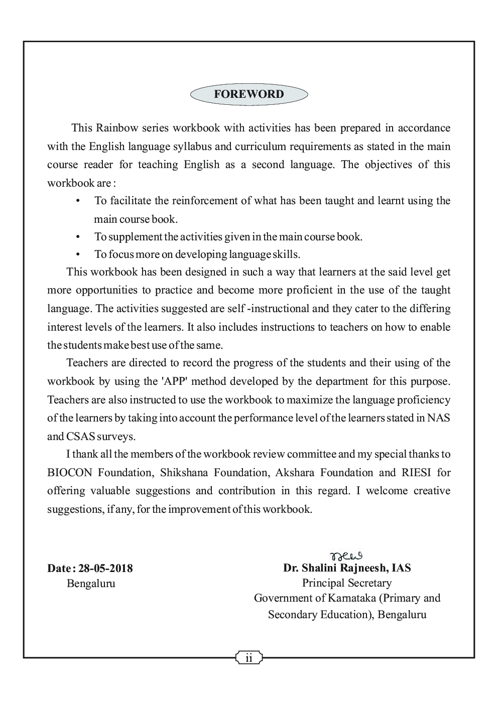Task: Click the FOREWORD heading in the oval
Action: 248,94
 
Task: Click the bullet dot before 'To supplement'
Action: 78,236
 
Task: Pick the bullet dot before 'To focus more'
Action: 78,254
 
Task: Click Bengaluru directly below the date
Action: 91,584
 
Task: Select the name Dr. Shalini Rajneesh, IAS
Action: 347,568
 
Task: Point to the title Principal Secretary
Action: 347,583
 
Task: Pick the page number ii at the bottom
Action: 249,658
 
